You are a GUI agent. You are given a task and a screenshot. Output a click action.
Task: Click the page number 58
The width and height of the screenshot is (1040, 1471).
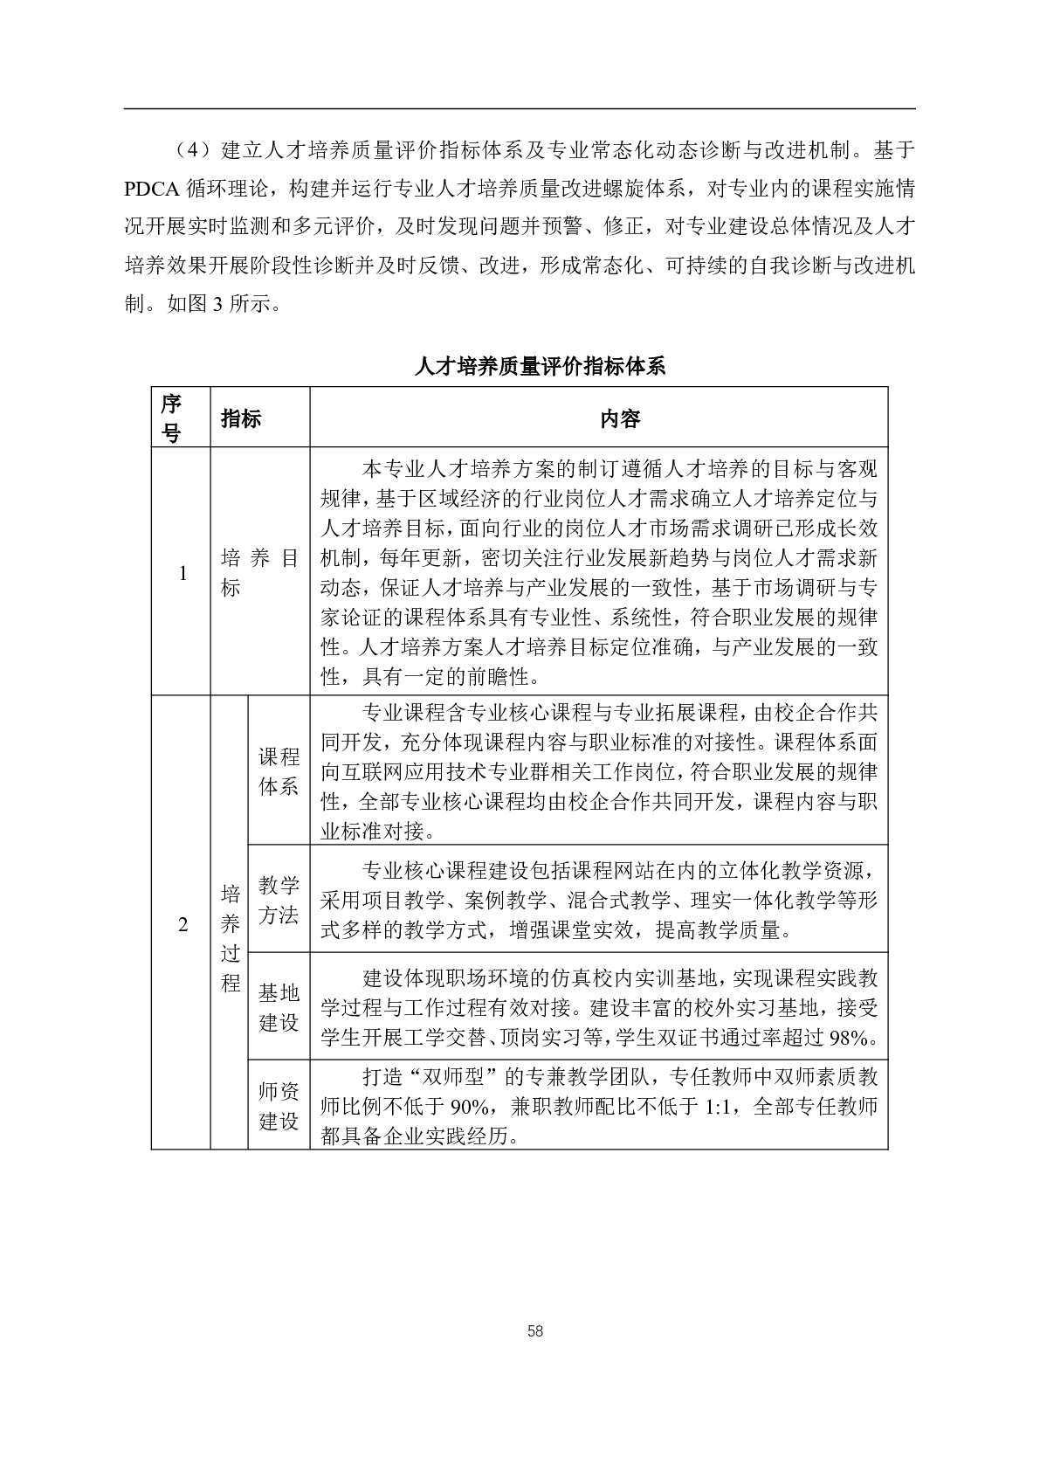pyautogui.click(x=535, y=1331)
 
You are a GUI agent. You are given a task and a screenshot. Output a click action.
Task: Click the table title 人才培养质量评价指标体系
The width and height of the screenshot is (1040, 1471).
pyautogui.click(x=540, y=367)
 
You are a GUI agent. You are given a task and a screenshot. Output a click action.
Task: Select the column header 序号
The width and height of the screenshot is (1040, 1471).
pyautogui.click(x=171, y=418)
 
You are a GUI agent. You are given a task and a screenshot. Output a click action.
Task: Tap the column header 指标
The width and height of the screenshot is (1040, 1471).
pyautogui.click(x=241, y=418)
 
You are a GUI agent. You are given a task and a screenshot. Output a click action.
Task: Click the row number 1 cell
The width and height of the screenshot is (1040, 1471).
pyautogui.click(x=183, y=573)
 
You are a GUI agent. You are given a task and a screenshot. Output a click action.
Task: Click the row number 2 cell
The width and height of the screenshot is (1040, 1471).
pyautogui.click(x=183, y=924)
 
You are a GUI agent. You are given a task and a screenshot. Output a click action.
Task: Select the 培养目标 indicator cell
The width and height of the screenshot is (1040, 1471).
pyautogui.click(x=259, y=573)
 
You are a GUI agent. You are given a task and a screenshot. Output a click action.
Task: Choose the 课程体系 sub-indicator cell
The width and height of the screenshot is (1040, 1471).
pyautogui.click(x=279, y=771)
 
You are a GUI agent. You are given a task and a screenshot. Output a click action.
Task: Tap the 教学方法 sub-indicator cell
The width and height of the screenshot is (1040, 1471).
pyautogui.click(x=279, y=901)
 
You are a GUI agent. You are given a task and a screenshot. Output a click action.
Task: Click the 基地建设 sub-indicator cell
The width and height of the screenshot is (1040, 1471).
pyautogui.click(x=279, y=1007)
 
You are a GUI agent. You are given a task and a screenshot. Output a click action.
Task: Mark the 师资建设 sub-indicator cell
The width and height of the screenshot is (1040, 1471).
pyautogui.click(x=279, y=1106)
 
